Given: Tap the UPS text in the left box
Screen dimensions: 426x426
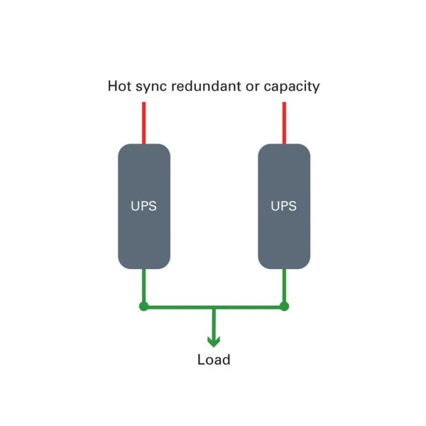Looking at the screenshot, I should pos(144,207).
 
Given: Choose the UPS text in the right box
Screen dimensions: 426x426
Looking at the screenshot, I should pos(284,207).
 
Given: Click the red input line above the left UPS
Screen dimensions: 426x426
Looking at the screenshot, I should pos(144,123).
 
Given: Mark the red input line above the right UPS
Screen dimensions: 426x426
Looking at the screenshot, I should pos(284,123).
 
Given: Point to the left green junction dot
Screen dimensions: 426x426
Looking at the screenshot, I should pos(144,307).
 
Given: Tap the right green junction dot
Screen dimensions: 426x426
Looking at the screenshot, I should pos(284,307).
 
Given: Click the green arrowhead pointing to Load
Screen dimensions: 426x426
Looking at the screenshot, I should pos(214,341).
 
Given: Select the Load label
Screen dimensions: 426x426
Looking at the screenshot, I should pos(214,360).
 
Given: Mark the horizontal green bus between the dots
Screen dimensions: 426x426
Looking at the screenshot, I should pos(177,307).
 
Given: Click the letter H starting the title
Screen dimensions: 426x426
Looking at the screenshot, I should pos(113,87).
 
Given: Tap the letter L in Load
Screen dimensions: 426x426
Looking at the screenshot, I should pos(201,360).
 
